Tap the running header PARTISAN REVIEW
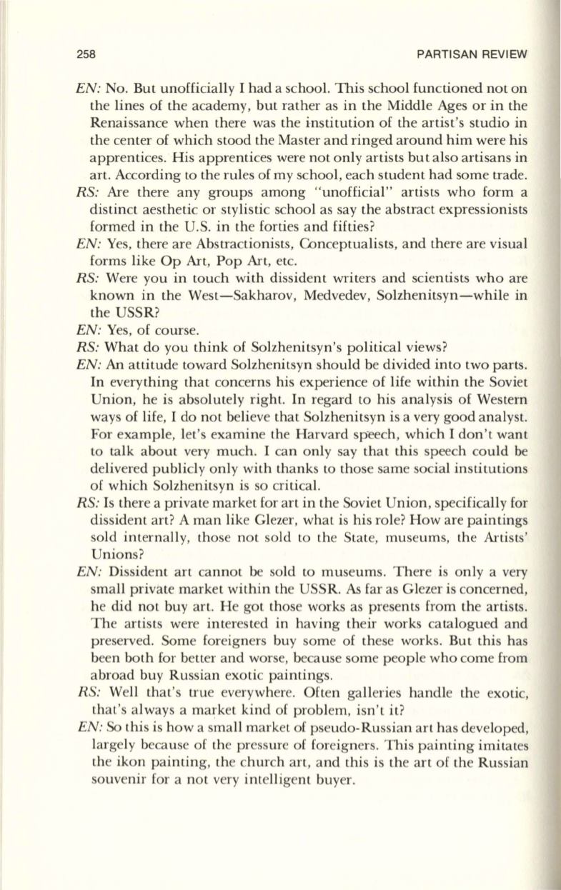click(472, 54)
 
